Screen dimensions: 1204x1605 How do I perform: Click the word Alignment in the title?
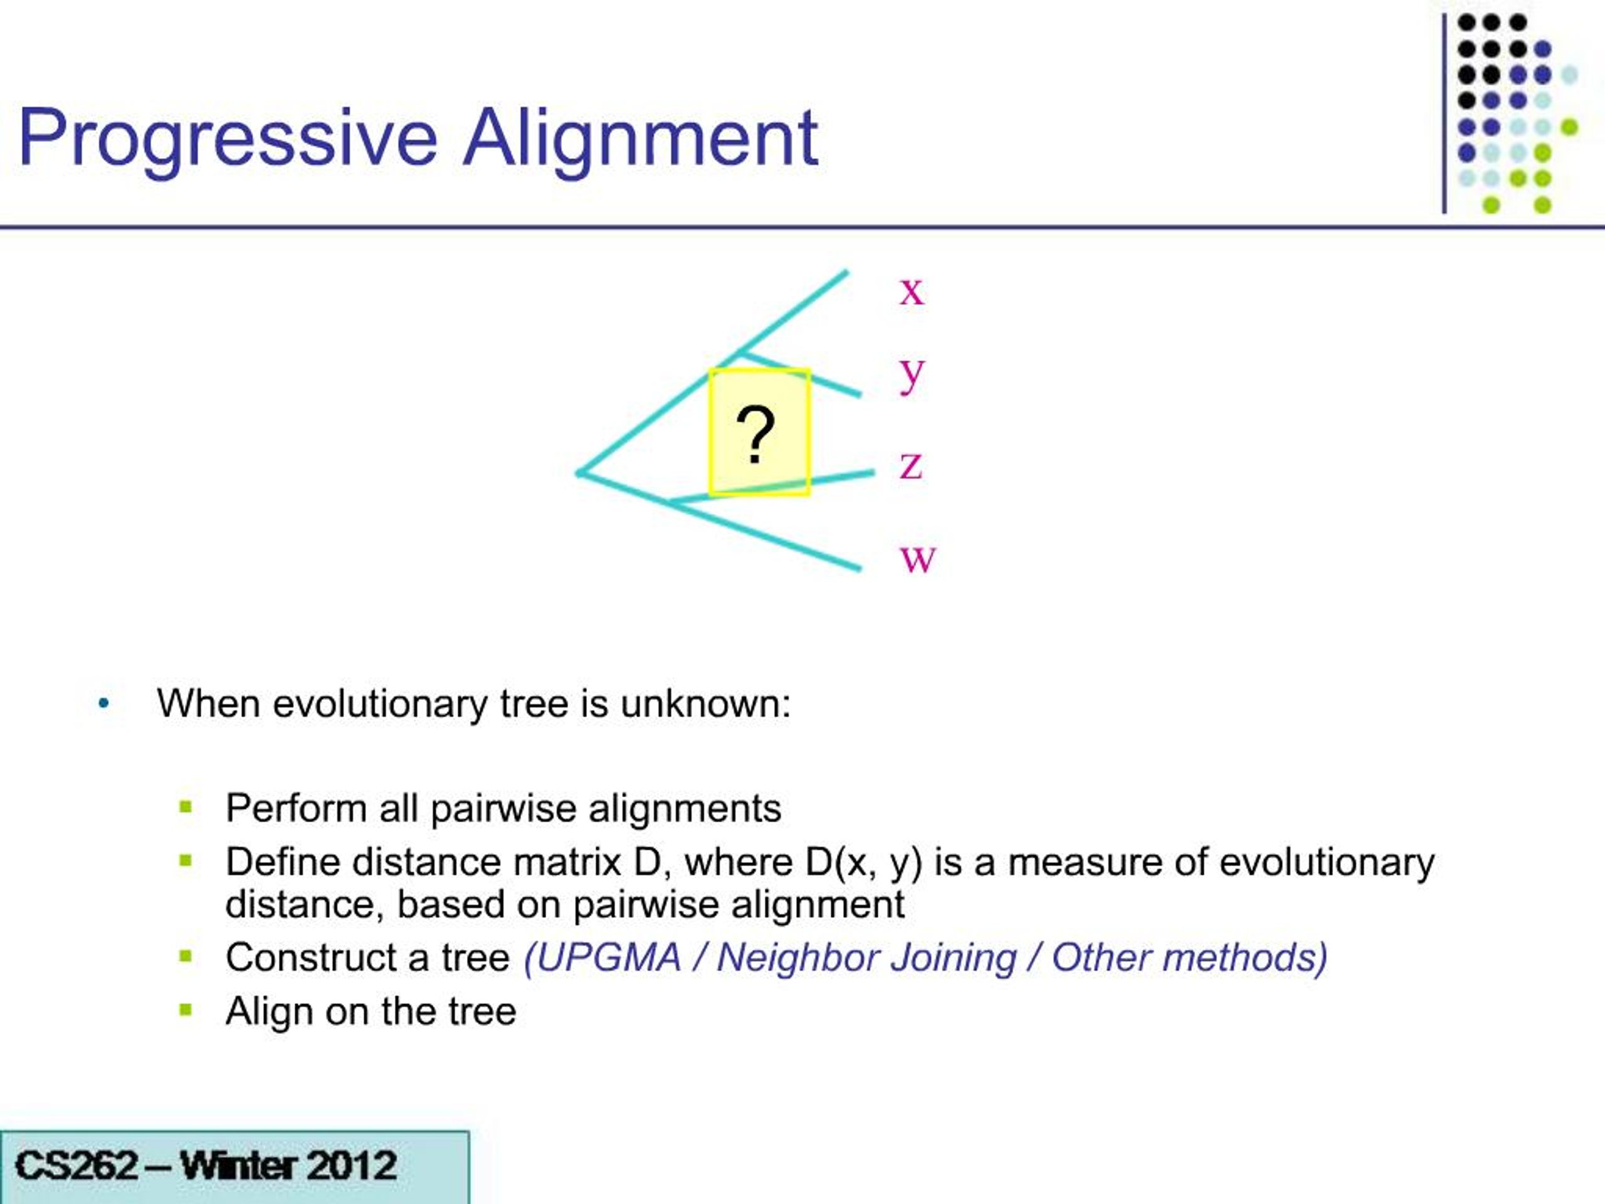point(640,138)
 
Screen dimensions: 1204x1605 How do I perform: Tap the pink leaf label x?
point(912,291)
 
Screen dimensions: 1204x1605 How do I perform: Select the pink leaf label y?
point(912,374)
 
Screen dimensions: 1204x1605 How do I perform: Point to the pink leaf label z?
point(912,465)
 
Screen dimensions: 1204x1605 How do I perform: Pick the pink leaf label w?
point(918,558)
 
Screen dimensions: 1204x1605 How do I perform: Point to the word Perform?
point(296,808)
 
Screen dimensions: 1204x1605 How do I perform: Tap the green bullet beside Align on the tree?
point(186,1010)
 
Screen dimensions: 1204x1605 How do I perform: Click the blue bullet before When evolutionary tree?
point(103,703)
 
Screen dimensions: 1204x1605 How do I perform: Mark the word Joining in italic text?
point(954,958)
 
